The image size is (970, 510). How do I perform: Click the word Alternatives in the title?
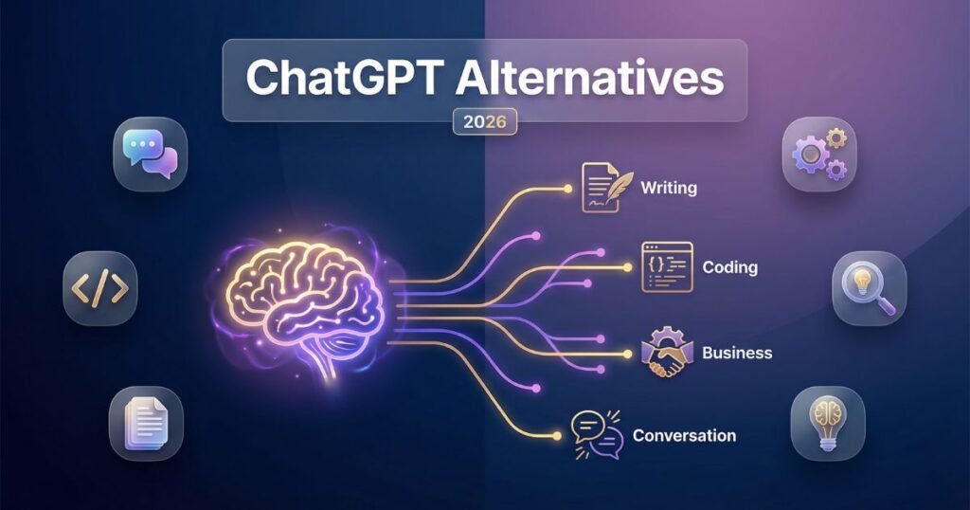[588, 79]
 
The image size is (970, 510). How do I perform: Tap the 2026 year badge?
[485, 122]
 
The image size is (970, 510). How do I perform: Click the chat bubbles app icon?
[151, 153]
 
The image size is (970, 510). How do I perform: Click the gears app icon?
[818, 153]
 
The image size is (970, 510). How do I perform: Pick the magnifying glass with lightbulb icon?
[869, 287]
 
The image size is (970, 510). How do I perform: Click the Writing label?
[669, 188]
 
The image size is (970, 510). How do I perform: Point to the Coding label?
[729, 267]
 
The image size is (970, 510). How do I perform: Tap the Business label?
[737, 353]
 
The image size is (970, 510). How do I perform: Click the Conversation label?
[684, 436]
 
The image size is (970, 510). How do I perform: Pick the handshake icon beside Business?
[668, 352]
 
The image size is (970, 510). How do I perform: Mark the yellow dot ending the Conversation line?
[556, 436]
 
